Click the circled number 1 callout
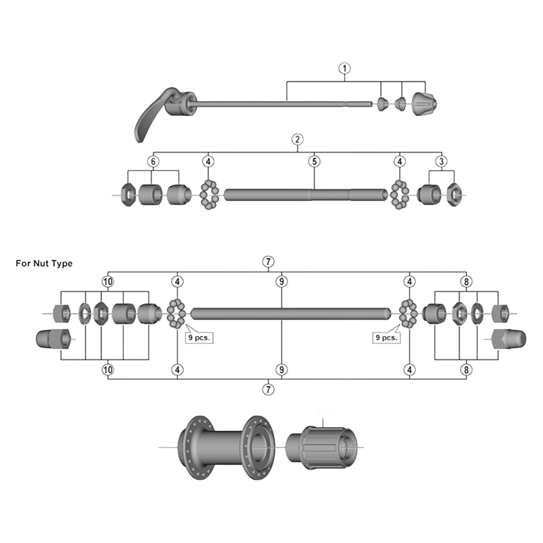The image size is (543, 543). click(344, 69)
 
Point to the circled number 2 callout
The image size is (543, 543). click(297, 139)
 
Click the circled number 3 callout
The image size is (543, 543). click(442, 162)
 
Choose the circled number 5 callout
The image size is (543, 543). click(314, 162)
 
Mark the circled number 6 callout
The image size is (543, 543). click(153, 162)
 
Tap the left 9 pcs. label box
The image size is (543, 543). click(199, 336)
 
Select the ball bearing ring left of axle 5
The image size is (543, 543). click(208, 195)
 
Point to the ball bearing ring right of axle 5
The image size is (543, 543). click(399, 195)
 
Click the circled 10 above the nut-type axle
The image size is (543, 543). click(107, 281)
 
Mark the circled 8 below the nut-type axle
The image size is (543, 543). click(466, 369)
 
